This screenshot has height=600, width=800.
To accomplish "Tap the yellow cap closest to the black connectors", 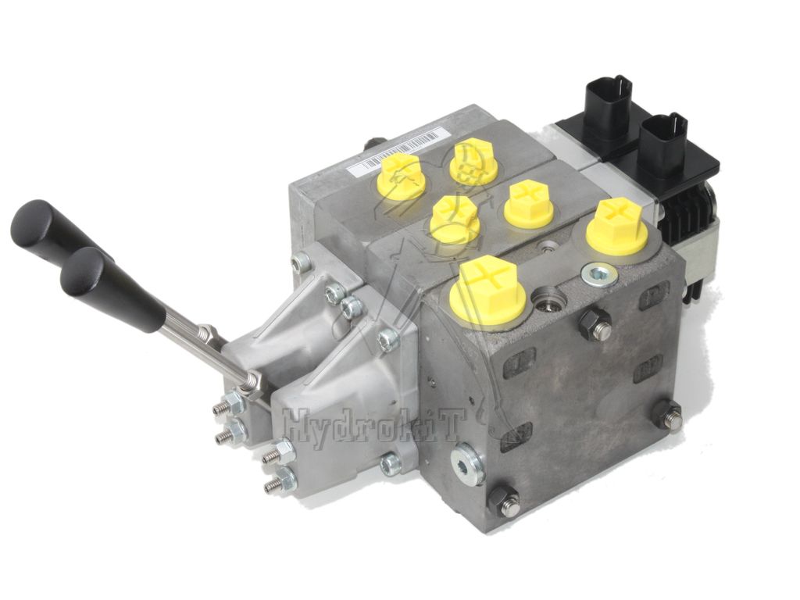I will click(x=618, y=225).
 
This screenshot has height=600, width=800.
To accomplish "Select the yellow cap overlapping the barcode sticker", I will click(x=402, y=175).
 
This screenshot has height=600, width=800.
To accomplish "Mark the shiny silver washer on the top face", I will click(x=599, y=274).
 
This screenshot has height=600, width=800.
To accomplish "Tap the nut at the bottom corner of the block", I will click(x=505, y=499).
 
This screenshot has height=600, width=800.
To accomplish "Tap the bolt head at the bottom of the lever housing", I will click(x=390, y=464).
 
